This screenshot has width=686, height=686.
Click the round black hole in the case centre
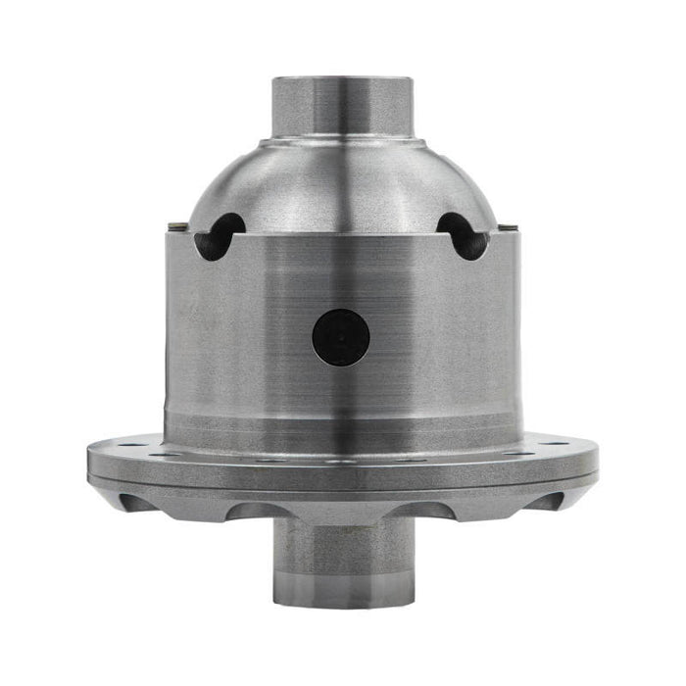(x=341, y=337)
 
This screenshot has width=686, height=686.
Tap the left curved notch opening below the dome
(x=218, y=235)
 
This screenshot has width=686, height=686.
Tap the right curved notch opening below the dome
(x=464, y=235)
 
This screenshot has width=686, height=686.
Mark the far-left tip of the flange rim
(x=88, y=457)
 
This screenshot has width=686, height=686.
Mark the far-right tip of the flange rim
(x=597, y=457)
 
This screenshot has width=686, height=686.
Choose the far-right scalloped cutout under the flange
(x=550, y=502)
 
